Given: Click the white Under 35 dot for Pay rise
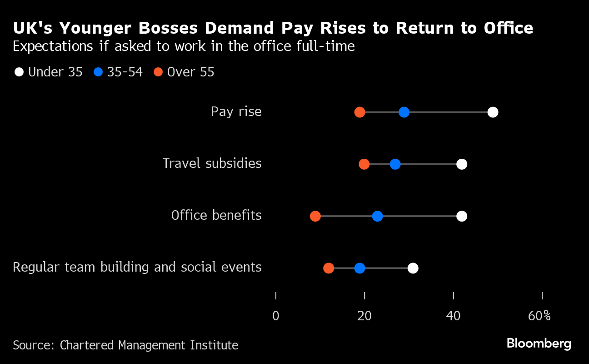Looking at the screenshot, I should (493, 112).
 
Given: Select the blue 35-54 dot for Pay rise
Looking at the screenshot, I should (404, 112).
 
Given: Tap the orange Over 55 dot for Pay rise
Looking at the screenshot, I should (359, 112).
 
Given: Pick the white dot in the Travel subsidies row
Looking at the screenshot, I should (462, 164).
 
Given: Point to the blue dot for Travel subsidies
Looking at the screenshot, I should (395, 164).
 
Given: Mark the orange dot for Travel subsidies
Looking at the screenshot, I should (364, 164).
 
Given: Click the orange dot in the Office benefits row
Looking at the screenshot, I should (315, 216).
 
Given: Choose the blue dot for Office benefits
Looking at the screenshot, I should (377, 216).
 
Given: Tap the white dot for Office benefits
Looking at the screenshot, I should (462, 216).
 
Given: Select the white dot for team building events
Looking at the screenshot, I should (413, 268).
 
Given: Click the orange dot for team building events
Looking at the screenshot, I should (329, 268).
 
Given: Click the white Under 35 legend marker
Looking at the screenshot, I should (19, 72).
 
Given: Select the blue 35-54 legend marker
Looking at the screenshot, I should (98, 72).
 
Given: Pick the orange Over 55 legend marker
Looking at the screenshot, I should (158, 72).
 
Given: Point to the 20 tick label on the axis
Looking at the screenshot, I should (364, 316).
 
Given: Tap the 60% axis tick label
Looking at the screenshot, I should (539, 316).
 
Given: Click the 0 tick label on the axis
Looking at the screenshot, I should (276, 316).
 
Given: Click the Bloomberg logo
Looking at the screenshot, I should (539, 344).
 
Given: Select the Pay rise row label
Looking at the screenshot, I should (236, 112).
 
